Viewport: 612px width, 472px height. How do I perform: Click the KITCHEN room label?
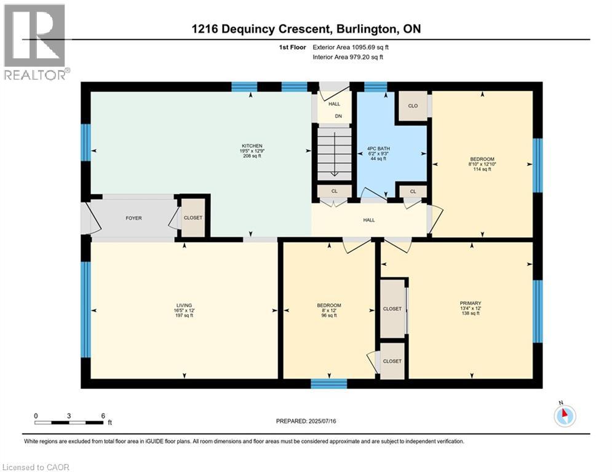pyautogui.click(x=252, y=146)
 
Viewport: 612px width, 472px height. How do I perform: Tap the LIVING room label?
pyautogui.click(x=185, y=305)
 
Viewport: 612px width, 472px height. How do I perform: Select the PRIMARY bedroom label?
pyautogui.click(x=471, y=303)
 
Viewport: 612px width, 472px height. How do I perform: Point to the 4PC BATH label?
pyautogui.click(x=378, y=149)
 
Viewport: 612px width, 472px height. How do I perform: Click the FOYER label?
pyautogui.click(x=133, y=218)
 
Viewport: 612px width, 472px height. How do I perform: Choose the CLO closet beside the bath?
pyautogui.click(x=413, y=106)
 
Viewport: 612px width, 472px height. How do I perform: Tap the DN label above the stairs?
pyautogui.click(x=338, y=116)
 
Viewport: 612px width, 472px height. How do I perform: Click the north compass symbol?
pyautogui.click(x=565, y=415)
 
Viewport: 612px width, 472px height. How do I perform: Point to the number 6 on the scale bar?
pyautogui.click(x=103, y=416)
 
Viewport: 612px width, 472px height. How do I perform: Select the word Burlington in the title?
pyautogui.click(x=366, y=29)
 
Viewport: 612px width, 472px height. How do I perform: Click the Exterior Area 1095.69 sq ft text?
pyautogui.click(x=351, y=47)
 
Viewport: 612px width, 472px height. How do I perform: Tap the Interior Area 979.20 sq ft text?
pyautogui.click(x=348, y=57)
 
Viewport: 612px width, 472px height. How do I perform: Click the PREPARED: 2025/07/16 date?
pyautogui.click(x=306, y=421)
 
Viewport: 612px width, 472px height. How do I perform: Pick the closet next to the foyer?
pyautogui.click(x=193, y=218)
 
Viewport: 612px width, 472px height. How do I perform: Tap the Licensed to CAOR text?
pyautogui.click(x=36, y=467)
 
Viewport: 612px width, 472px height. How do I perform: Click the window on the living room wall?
pyautogui.click(x=85, y=309)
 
